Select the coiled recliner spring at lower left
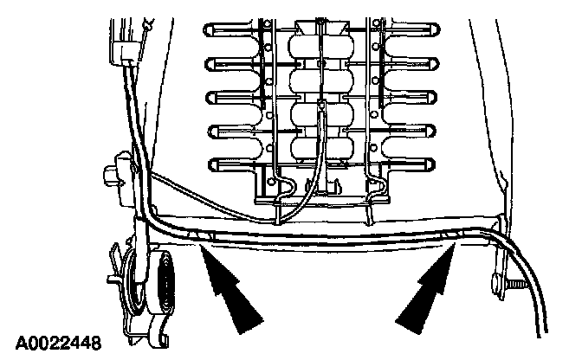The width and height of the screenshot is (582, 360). [164, 286]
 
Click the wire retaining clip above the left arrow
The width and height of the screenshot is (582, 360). [204, 235]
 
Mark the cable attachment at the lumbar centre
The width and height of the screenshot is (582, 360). [321, 108]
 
